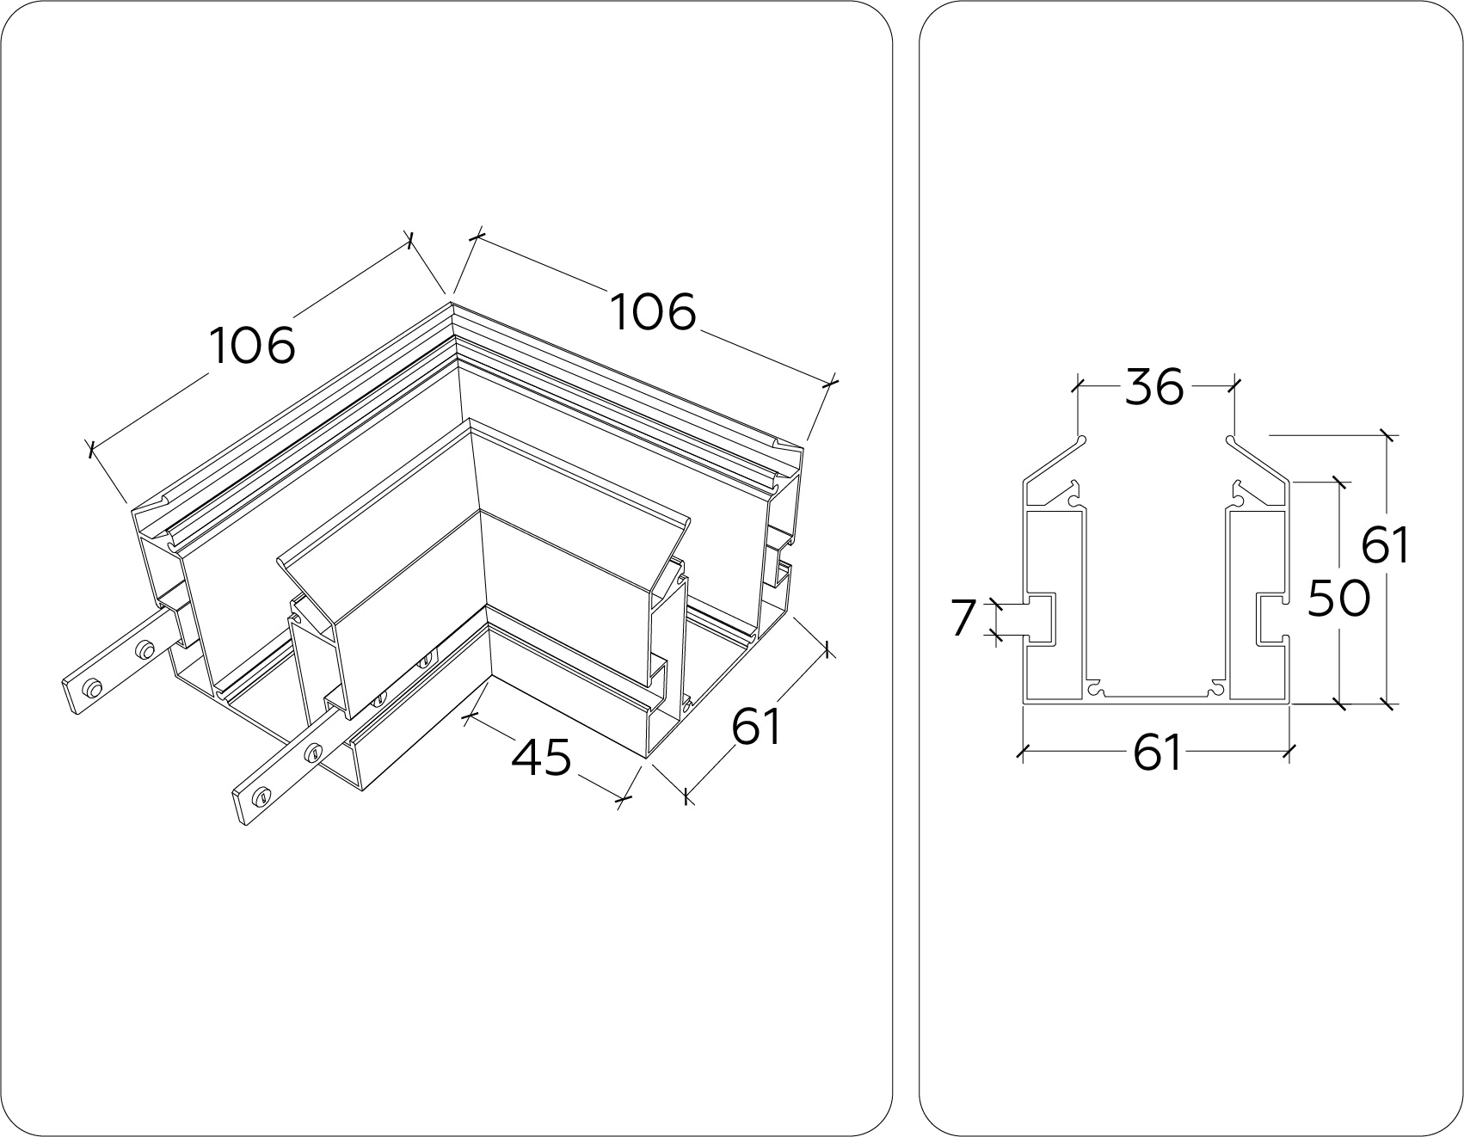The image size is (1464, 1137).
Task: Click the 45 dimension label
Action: pos(541,758)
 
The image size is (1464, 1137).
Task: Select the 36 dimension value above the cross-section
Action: pos(1154,387)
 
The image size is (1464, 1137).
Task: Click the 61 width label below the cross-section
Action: pos(1156,754)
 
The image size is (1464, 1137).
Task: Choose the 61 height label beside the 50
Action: pos(1386,545)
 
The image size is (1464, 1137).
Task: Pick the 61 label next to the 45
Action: pos(756,727)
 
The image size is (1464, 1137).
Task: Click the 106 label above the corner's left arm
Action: pos(253,346)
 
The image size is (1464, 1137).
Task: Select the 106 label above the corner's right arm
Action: pos(653,311)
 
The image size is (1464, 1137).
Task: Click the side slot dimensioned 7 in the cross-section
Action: pos(1040,618)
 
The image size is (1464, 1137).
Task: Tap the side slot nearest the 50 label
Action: pos(1271,618)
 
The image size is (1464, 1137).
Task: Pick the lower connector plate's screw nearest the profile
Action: pos(315,753)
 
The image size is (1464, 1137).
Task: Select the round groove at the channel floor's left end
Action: pos(1094,689)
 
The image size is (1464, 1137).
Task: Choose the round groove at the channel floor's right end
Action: pos(1216,689)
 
